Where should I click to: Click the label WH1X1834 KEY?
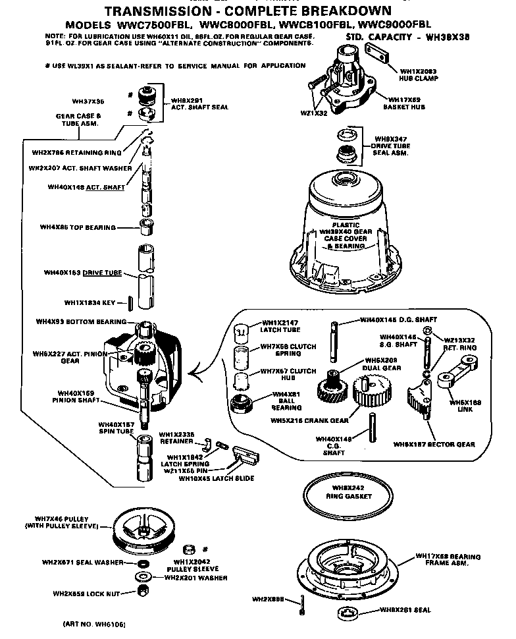click(90, 303)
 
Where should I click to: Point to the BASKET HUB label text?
click(407, 106)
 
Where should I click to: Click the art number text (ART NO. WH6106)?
click(94, 623)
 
